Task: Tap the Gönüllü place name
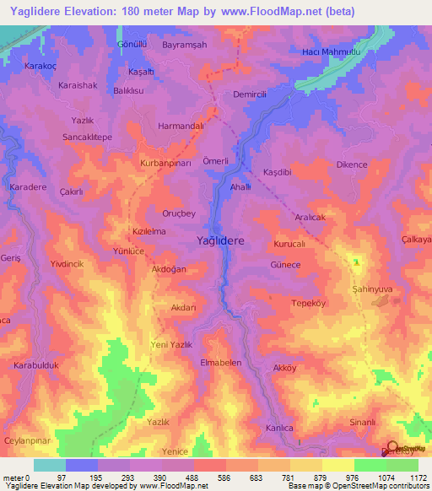click(x=132, y=43)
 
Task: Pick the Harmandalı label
click(x=181, y=127)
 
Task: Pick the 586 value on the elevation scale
click(x=200, y=478)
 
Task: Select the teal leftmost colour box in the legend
click(x=49, y=464)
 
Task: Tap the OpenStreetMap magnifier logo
click(x=392, y=447)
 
